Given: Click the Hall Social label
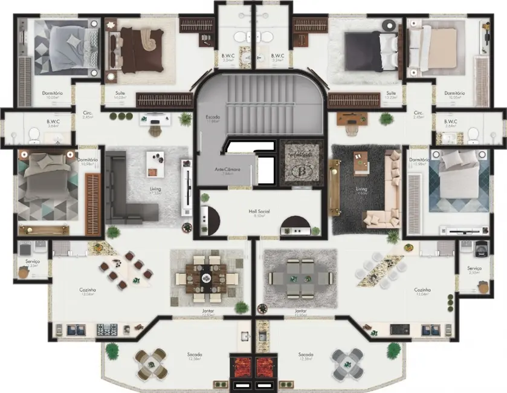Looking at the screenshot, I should tap(258, 212).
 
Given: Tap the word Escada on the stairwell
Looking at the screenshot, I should tap(212, 118).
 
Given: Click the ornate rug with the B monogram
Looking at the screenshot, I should tap(298, 163).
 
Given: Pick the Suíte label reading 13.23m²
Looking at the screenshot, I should tap(391, 94).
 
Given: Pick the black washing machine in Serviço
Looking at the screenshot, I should tap(481, 248).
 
